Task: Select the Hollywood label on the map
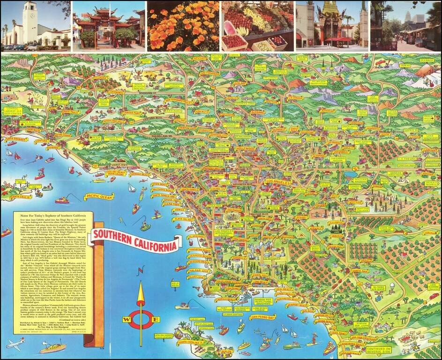tap(246, 148)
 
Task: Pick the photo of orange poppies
tap(183, 25)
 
